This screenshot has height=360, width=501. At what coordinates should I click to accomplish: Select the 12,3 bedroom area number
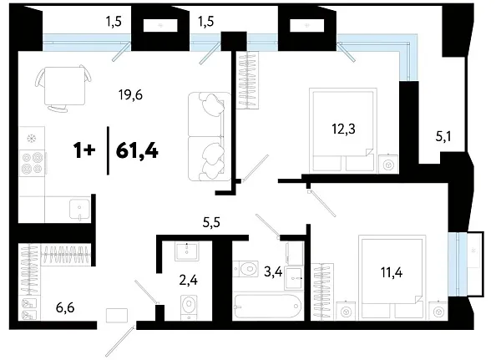tap(342, 129)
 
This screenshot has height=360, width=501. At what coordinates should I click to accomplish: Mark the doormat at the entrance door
tap(116, 316)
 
